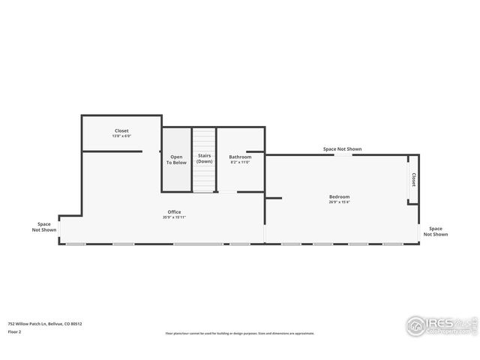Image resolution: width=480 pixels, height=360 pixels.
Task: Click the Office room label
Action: (174, 212)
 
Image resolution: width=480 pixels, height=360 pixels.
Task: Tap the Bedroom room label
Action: (339, 197)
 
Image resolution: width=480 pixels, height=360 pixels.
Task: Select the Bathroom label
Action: (240, 157)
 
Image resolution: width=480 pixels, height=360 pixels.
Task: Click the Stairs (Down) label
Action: (204, 159)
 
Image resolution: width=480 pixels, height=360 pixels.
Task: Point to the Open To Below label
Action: (176, 160)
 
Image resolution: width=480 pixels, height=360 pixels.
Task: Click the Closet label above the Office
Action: (121, 130)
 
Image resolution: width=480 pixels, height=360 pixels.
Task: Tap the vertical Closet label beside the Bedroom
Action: (413, 180)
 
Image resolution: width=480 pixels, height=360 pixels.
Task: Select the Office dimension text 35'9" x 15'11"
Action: (174, 217)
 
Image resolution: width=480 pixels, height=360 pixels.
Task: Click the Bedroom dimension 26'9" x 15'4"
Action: (339, 202)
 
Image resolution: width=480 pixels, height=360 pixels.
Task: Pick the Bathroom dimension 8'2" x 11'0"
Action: (240, 162)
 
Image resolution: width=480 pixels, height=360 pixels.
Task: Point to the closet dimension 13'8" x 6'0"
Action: (121, 136)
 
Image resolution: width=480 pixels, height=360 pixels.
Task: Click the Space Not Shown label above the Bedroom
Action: (342, 149)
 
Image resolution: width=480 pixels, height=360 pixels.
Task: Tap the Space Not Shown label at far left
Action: (44, 226)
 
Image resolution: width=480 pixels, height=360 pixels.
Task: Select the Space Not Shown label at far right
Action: (435, 232)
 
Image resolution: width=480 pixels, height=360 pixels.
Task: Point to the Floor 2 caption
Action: (14, 331)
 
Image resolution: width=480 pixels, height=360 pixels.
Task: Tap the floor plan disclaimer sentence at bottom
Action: (240, 334)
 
